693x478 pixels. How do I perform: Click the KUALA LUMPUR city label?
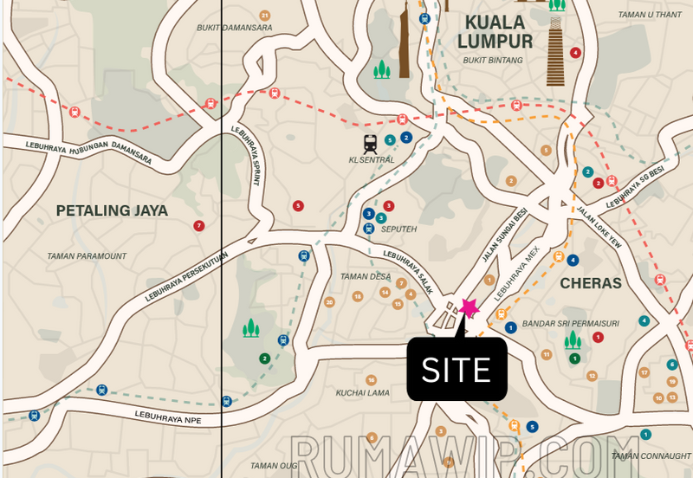pos(498,31)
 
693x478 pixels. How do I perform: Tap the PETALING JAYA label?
pos(112,210)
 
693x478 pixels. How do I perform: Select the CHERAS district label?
pos(591,283)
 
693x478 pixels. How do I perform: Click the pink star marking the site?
pos(470,308)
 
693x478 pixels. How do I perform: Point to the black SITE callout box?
pos(457,370)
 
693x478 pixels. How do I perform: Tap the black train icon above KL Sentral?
pos(371,143)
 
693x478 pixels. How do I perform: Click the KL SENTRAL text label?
pos(372,160)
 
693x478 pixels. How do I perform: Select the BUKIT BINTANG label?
pos(494,61)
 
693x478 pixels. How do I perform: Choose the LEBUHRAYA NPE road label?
pos(170,417)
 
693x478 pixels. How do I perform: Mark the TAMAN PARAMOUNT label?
pos(87,256)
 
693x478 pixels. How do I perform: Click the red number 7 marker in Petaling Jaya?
pos(199,226)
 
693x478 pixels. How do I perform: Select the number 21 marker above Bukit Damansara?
pos(265,16)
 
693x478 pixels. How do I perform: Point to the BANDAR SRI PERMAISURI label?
pos(570,324)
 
